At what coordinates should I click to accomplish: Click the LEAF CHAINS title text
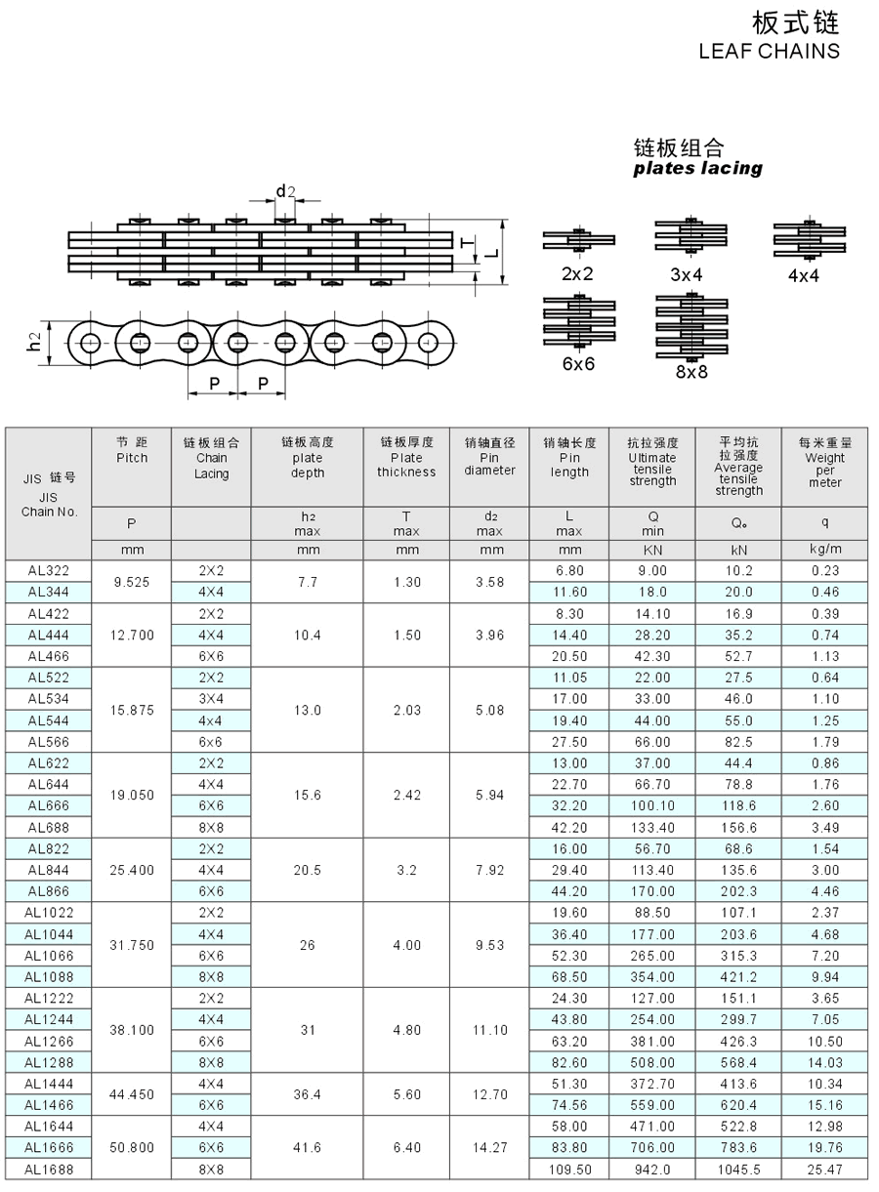coord(769,51)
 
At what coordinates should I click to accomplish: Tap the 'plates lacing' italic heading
coord(697,168)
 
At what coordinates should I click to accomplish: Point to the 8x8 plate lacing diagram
coord(691,326)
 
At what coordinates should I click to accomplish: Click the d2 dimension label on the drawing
coord(284,191)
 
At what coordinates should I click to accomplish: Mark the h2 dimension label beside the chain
coord(35,342)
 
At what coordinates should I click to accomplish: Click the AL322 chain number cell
coord(48,570)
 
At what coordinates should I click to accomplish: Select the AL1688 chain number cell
coord(48,1169)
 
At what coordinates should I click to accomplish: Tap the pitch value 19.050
coord(132,795)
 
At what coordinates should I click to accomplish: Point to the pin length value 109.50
coord(569,1169)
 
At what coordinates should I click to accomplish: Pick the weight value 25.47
coord(824,1169)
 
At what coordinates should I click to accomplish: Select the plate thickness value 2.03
coord(406,710)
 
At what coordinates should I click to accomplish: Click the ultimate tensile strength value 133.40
coord(651,827)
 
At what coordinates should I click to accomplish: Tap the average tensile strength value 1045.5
coord(738,1169)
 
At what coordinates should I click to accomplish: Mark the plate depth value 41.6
coord(307,1147)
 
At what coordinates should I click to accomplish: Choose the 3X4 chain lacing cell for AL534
coord(211,699)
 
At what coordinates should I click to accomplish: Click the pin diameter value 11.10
coord(489,1029)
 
